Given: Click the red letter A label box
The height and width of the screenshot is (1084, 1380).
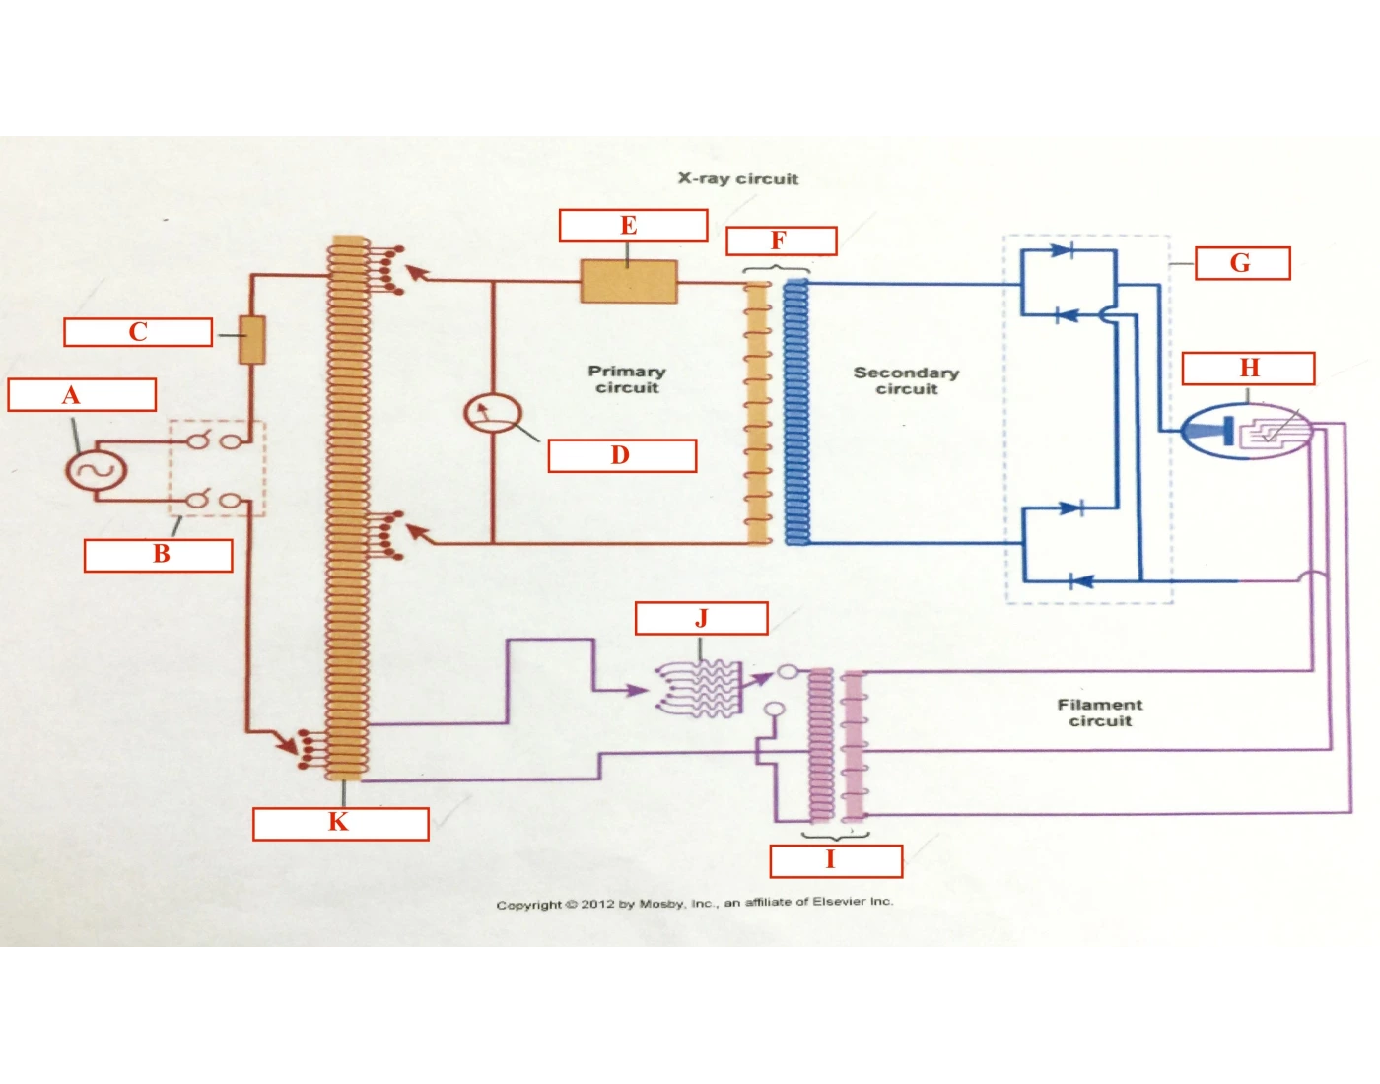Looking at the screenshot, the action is pos(82,395).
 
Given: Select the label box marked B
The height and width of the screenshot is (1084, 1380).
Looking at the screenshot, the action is pos(158,556).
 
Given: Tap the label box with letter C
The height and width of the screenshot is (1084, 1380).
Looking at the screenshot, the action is pos(138,332).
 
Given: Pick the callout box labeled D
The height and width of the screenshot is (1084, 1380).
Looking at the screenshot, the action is pos(622,455).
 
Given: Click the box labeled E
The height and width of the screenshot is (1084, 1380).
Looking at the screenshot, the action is pos(633,226).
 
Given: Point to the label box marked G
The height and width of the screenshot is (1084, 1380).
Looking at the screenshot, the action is pos(1243,263).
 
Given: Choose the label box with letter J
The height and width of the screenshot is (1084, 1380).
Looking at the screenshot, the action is pos(701,618).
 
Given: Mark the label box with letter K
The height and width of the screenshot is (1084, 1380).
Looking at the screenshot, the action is pos(340,824).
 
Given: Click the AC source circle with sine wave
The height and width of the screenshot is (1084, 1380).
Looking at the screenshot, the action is pos(96,470).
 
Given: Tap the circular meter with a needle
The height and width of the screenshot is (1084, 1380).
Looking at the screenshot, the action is pos(493,413).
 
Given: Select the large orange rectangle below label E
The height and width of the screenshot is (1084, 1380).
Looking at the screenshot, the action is pos(629,281).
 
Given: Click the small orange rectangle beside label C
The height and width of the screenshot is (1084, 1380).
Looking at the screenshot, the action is pos(252,340).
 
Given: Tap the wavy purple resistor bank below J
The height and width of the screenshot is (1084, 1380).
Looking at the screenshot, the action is pos(699,689).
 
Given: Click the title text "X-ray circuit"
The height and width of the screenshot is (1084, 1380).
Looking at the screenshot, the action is pos(738,179).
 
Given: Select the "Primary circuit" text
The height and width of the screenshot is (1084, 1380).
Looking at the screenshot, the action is pos(627,378).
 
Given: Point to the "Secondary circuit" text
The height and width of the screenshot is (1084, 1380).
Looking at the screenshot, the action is pos(906,380).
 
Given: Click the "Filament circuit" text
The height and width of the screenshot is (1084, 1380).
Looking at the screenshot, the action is pos(1100,712).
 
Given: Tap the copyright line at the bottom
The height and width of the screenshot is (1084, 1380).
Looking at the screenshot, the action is pos(695,903).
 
